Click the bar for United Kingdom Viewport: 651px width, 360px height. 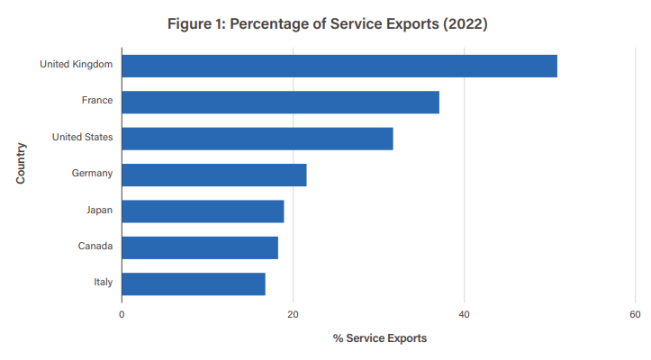coord(339,66)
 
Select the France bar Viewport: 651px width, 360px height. coord(280,102)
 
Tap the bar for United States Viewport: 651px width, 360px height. coord(257,139)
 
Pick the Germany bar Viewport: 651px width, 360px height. coord(213,175)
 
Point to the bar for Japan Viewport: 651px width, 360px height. coord(203,211)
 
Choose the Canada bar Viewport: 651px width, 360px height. coord(199,247)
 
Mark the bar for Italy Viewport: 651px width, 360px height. coord(193,283)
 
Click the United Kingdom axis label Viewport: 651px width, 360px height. coord(76,64)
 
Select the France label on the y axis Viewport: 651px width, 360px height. coord(96,100)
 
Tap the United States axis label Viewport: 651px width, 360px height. coord(82,137)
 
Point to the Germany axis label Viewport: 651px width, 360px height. coord(92,173)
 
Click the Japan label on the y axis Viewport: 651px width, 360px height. coord(99,210)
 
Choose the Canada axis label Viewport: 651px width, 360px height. coord(95,246)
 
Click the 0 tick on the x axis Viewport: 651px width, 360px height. coord(122,314)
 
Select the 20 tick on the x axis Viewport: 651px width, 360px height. coord(293,314)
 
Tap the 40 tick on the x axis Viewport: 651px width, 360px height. coord(464,314)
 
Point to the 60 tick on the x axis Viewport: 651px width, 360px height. coord(635,314)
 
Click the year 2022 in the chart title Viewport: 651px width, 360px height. coord(465,24)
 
